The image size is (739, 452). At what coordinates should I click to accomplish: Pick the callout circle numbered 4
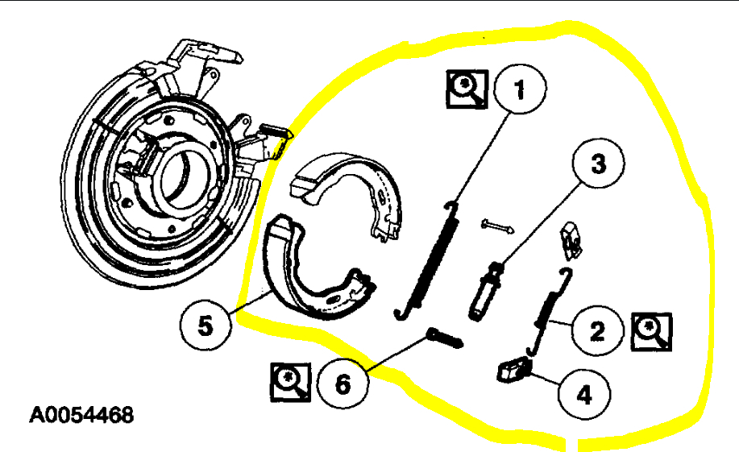pos(584,395)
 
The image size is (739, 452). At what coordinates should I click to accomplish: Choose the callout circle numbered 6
pos(343,383)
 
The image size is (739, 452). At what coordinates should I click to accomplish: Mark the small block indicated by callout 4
pos(513,370)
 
